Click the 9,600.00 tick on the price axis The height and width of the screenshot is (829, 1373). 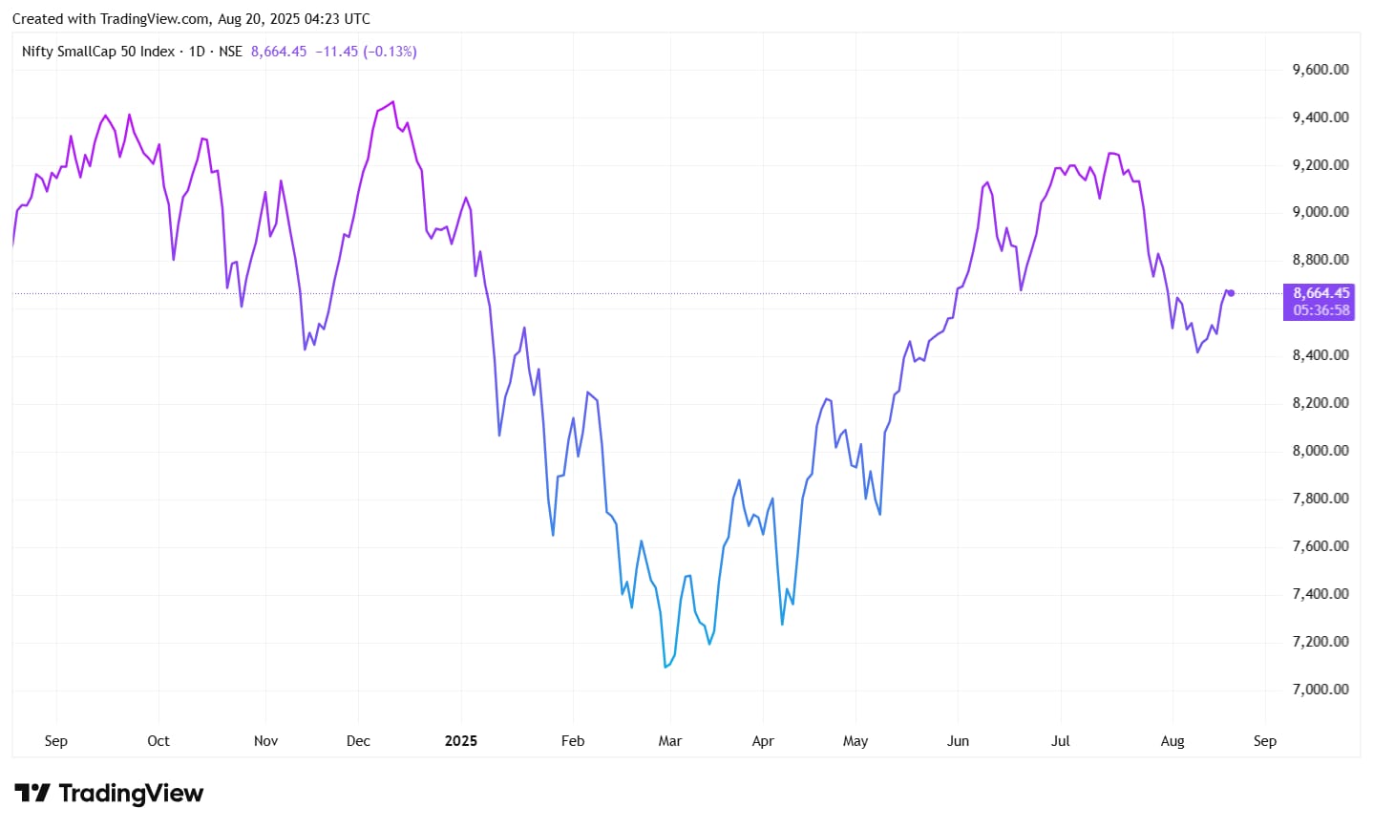click(x=1320, y=70)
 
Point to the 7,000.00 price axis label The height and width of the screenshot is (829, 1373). click(x=1320, y=690)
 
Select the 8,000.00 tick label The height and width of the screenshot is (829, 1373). click(x=1320, y=451)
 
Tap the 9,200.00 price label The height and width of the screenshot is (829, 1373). click(x=1320, y=165)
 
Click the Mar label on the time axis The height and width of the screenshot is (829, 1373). click(x=670, y=741)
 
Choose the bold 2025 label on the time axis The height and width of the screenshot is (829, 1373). click(x=461, y=741)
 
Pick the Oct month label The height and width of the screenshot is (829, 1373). click(x=158, y=741)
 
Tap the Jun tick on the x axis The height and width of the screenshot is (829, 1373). click(x=958, y=741)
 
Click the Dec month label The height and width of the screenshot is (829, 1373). click(x=358, y=741)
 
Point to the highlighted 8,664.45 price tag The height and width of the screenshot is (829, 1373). click(x=1321, y=293)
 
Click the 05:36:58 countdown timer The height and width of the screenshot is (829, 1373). click(x=1321, y=310)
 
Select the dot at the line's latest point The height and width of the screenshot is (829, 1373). click(x=1232, y=293)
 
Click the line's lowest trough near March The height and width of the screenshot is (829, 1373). click(x=665, y=667)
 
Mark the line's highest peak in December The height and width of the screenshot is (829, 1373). click(x=393, y=102)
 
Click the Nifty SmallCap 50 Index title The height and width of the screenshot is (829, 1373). click(x=98, y=52)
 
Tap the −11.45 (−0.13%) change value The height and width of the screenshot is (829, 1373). click(x=366, y=52)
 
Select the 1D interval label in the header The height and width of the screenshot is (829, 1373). click(x=197, y=52)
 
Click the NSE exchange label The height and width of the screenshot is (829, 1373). click(x=230, y=52)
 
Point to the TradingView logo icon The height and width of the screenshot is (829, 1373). click(x=32, y=794)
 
